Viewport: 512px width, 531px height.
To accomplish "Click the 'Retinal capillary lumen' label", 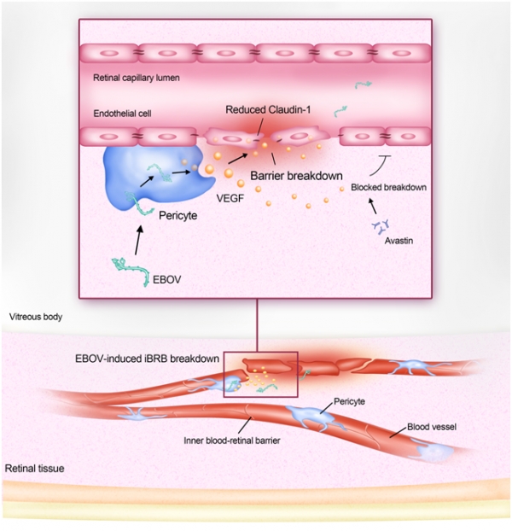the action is [x=136, y=78].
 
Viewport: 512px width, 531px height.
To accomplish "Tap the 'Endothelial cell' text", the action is [x=122, y=114].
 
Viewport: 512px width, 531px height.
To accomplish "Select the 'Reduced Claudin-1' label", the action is [x=268, y=110].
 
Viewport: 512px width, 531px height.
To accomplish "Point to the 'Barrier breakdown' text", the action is [x=296, y=176].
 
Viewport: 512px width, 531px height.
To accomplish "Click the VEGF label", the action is [x=230, y=198].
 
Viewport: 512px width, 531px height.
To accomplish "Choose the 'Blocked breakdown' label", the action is [x=388, y=187].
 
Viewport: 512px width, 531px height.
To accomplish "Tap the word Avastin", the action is [x=399, y=241].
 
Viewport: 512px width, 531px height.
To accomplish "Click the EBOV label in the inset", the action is [x=167, y=280].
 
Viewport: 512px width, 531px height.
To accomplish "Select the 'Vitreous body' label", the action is [x=36, y=317].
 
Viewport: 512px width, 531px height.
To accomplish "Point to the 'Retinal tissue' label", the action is [x=34, y=469].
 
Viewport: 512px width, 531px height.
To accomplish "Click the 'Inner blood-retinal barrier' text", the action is [x=232, y=441].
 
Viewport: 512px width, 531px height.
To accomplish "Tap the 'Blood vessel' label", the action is [x=432, y=427].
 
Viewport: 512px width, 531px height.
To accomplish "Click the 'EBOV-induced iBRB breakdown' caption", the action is [x=148, y=359].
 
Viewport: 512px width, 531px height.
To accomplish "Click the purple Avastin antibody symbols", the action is [x=381, y=226].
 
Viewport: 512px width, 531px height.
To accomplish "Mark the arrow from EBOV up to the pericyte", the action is [x=138, y=240].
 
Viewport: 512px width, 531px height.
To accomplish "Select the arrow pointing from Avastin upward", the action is [x=372, y=206].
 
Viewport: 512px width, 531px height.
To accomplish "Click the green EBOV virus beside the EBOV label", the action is [x=131, y=271].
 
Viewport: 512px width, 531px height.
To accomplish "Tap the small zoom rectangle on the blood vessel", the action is [x=260, y=374].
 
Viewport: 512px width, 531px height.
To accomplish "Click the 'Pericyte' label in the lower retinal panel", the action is [x=349, y=401].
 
